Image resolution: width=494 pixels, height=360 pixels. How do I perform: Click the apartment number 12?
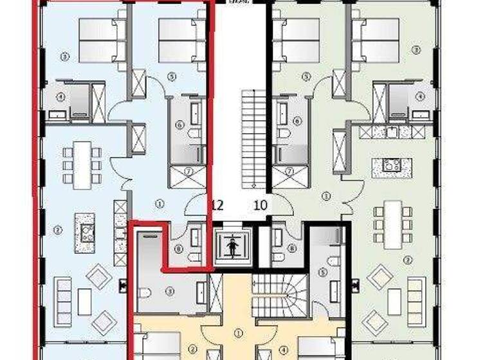pyautogui.click(x=217, y=205)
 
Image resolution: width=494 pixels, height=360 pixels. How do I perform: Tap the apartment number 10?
pyautogui.click(x=261, y=205)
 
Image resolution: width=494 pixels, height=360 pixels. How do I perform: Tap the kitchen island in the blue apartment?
pyautogui.click(x=84, y=232)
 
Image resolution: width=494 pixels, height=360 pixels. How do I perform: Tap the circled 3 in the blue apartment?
pyautogui.click(x=64, y=57)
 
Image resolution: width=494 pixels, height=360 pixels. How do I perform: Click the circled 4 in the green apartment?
pyautogui.click(x=421, y=96)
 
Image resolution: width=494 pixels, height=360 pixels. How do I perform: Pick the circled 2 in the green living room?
pyautogui.click(x=407, y=260)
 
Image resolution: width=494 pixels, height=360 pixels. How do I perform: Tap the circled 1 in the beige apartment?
pyautogui.click(x=239, y=333)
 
